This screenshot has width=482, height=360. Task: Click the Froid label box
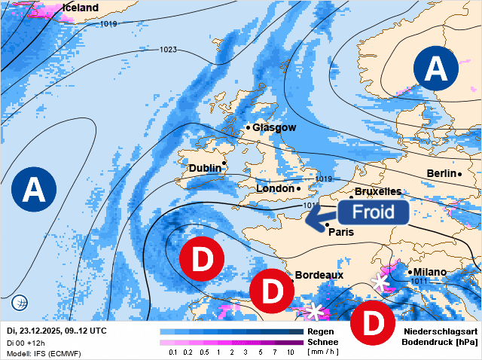(x=374, y=212)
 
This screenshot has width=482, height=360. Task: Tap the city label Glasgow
(x=274, y=128)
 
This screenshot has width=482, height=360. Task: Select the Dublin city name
(x=205, y=168)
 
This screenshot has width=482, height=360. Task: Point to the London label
(x=275, y=188)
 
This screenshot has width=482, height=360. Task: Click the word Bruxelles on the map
(x=377, y=192)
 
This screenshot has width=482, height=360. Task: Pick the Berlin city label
(x=441, y=174)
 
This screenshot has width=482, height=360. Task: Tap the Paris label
(x=341, y=232)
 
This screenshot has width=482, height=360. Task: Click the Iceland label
(x=81, y=8)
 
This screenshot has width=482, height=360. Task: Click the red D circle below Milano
(x=374, y=322)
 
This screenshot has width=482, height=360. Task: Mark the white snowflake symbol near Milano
(x=381, y=282)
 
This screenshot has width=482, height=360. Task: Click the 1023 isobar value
(x=168, y=50)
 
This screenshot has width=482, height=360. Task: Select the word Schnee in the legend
(x=322, y=342)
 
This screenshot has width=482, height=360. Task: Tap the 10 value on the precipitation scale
(x=291, y=352)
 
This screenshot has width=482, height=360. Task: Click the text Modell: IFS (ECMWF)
(x=44, y=353)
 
